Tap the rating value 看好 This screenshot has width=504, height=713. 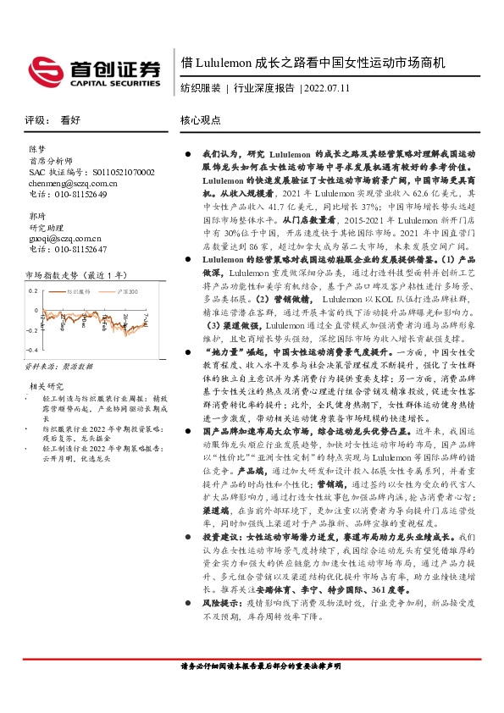(69, 120)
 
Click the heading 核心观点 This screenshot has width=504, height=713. (200, 120)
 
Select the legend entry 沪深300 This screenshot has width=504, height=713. (126, 290)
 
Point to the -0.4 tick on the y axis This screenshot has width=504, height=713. (32, 349)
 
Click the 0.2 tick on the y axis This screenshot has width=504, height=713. (34, 290)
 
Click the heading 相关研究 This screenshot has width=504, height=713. (44, 385)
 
